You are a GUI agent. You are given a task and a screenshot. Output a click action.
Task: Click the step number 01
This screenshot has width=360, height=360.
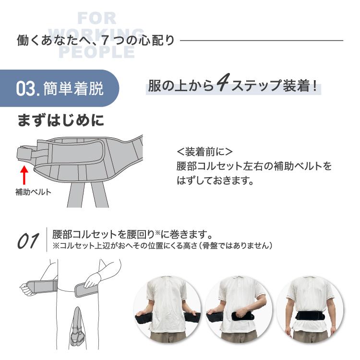click(28, 241)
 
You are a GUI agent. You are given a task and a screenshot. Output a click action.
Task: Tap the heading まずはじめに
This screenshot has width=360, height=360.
click(60, 120)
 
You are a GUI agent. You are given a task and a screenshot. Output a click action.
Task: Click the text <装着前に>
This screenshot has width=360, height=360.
click(204, 152)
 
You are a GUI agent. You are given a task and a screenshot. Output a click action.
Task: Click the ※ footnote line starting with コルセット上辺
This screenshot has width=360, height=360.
click(163, 245)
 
